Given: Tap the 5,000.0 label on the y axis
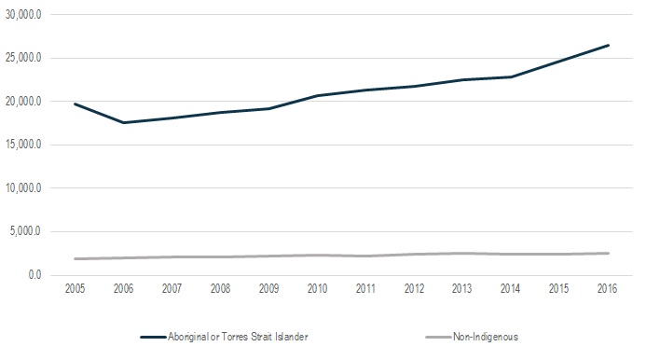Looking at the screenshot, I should tap(23, 231).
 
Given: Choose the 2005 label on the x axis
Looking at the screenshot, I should tap(74, 288).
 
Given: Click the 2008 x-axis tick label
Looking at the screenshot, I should tap(220, 288).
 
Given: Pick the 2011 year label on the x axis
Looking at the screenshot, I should tap(365, 288).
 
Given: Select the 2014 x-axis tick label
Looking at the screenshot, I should tap(511, 288).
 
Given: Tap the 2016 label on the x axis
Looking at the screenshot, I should tap(609, 288).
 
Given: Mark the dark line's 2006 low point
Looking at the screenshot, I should tap(122, 122).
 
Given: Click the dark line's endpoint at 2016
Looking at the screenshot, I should tap(609, 45).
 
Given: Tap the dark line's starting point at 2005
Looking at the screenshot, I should tap(74, 104).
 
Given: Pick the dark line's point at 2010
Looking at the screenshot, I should tap(317, 95).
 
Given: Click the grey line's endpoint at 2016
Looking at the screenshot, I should tap(609, 253).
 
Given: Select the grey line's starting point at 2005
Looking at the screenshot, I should tap(74, 258).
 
